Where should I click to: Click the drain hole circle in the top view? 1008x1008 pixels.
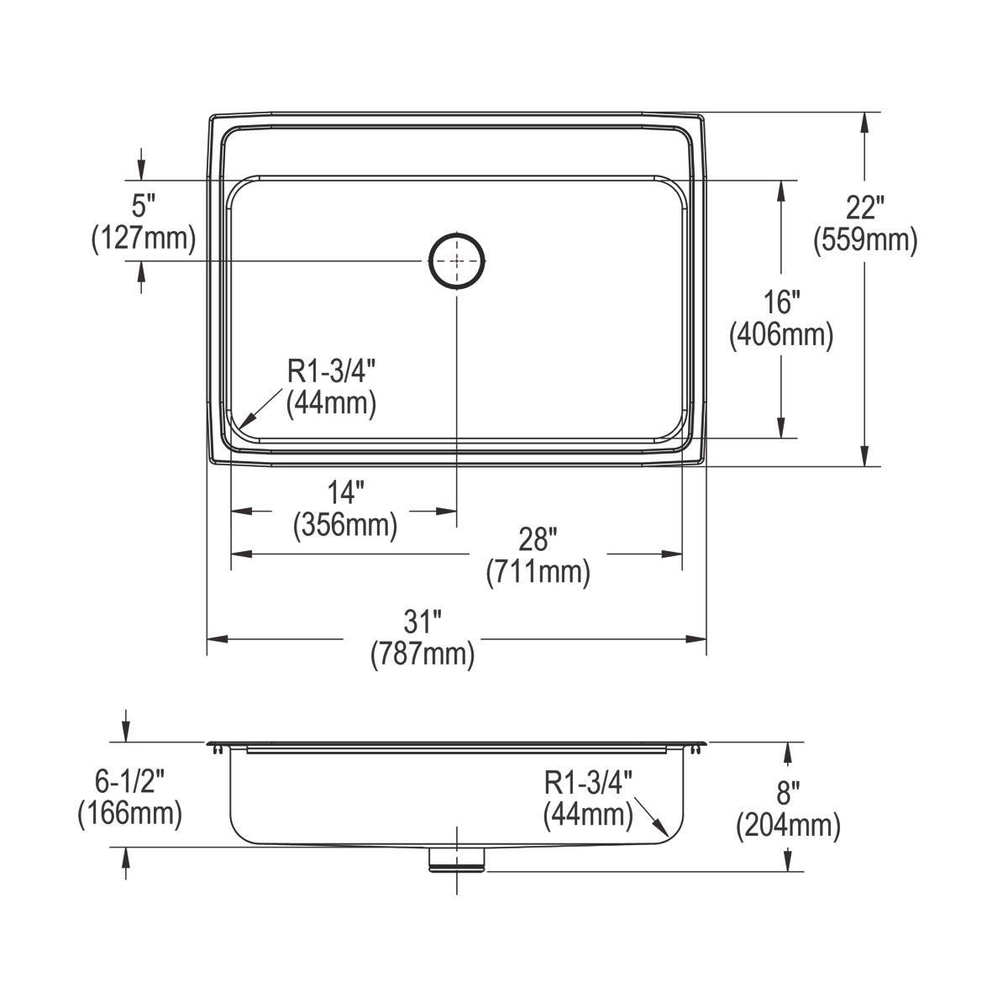click(458, 261)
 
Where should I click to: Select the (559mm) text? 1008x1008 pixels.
click(864, 241)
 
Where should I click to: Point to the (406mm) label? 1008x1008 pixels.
click(781, 336)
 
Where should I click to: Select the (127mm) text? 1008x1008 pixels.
click(144, 239)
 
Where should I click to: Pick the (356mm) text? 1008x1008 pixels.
click(345, 526)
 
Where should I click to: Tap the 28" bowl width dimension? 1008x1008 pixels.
click(538, 538)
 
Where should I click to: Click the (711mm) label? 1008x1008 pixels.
click(538, 573)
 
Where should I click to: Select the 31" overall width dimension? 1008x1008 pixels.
click(423, 622)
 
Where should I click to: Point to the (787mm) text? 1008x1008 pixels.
click(423, 655)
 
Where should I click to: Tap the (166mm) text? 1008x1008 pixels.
click(129, 814)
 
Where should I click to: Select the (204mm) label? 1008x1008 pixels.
click(788, 827)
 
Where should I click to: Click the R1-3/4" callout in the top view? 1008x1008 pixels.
click(331, 370)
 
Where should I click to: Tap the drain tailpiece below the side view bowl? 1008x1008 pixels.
click(458, 859)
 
